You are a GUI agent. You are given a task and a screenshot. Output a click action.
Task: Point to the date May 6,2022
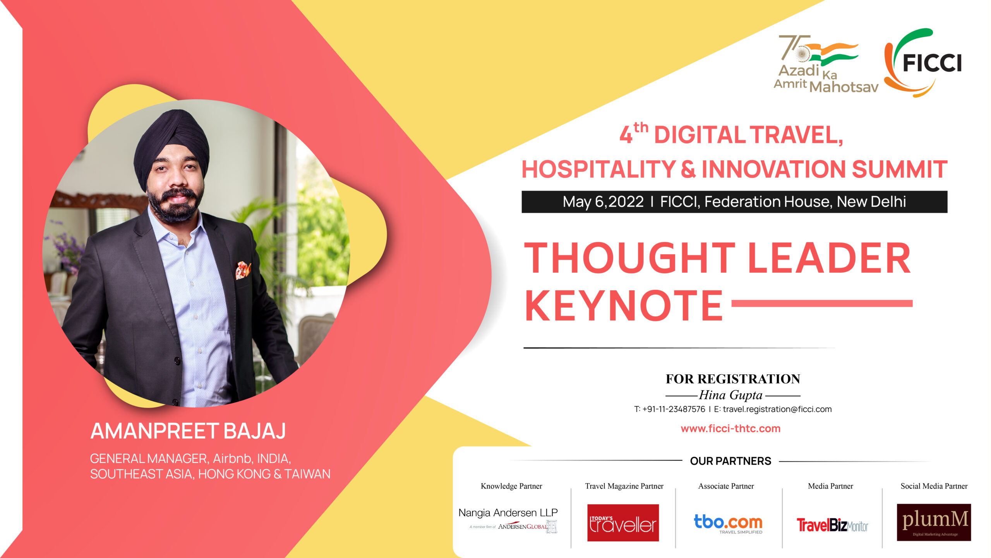coord(603,202)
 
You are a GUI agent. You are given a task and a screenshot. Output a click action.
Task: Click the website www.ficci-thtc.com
coord(730,429)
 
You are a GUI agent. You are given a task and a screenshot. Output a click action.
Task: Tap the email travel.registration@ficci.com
coord(777,409)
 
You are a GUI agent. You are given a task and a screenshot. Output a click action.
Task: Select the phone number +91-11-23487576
coord(674,409)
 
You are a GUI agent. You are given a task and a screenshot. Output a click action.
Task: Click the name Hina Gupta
coord(731,395)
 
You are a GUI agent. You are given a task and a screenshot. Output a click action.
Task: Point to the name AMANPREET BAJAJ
coord(188,431)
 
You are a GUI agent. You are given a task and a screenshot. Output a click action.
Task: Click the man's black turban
coord(171,147)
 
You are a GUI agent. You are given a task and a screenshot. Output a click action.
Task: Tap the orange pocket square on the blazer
coord(243,270)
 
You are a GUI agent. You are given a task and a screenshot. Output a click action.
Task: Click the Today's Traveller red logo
coord(623,523)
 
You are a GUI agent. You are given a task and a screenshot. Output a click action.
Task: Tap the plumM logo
coord(934,522)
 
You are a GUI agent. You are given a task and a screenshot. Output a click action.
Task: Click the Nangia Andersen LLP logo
coord(508,519)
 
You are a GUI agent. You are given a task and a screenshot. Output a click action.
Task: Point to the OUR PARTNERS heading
coord(730,461)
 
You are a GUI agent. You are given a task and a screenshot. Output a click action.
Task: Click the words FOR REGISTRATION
coord(733,379)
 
